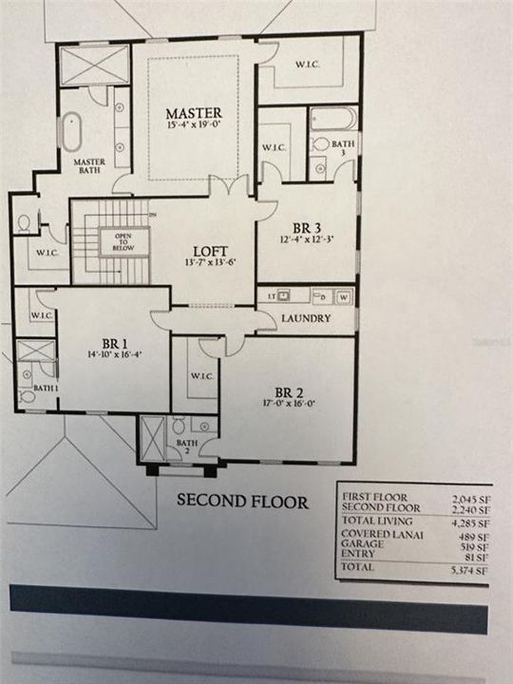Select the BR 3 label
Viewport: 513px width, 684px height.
click(305, 228)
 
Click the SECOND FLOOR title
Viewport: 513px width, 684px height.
click(241, 502)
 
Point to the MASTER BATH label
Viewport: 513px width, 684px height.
click(89, 166)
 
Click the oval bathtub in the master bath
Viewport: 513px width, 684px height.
click(72, 130)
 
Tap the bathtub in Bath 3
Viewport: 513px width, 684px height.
click(334, 119)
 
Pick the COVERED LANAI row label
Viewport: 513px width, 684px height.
click(372, 534)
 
